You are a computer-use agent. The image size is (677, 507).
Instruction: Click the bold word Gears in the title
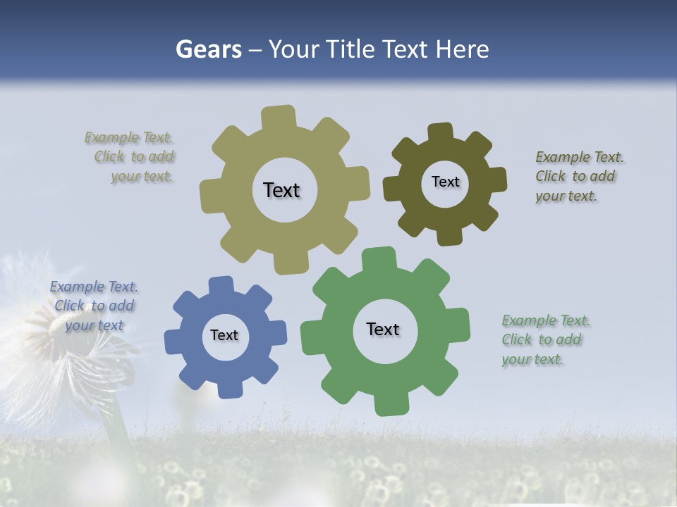coord(209,49)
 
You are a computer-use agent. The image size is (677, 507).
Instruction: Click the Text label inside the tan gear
coord(281,190)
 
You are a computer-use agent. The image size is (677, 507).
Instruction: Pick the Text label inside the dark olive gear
coord(445,182)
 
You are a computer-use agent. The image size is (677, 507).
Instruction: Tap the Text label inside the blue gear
coord(224,335)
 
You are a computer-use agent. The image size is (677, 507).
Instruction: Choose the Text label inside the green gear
coord(383,329)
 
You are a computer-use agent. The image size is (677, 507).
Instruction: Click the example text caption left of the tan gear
coord(130,157)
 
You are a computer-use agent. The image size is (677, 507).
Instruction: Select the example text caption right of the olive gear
coord(578,176)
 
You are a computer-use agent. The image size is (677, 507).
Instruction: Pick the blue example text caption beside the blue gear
coord(94,306)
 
